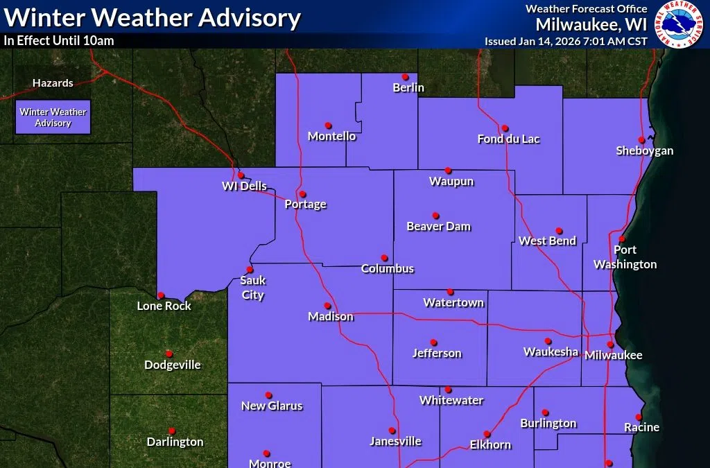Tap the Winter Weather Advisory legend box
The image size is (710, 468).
(x=53, y=117)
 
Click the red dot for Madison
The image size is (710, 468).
(x=327, y=306)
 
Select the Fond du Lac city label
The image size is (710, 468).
(x=508, y=139)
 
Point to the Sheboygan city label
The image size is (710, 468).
(x=644, y=150)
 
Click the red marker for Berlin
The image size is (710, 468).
(x=406, y=77)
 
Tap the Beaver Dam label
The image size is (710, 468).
(x=438, y=227)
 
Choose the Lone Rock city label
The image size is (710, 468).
(x=164, y=306)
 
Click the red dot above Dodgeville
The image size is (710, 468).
(x=169, y=354)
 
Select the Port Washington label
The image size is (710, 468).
(x=625, y=257)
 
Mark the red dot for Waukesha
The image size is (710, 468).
(x=548, y=341)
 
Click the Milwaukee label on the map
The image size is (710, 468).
(x=613, y=356)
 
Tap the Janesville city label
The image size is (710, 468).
(x=395, y=441)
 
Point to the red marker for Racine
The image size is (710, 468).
(x=637, y=417)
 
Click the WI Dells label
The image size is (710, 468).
(x=244, y=186)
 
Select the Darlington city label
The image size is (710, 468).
(x=175, y=442)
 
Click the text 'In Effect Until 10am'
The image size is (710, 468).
(x=59, y=41)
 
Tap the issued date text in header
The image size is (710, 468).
(x=566, y=41)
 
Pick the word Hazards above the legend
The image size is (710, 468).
(x=53, y=83)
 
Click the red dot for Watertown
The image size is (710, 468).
(x=450, y=292)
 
